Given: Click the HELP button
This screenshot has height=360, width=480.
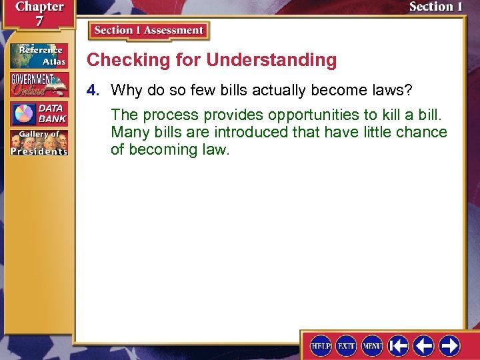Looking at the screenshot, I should click(x=321, y=345).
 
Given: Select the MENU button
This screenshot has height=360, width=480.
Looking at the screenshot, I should click(x=372, y=345).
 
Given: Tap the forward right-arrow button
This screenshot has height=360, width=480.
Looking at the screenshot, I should click(x=449, y=345).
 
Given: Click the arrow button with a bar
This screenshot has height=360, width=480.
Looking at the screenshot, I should click(x=399, y=345).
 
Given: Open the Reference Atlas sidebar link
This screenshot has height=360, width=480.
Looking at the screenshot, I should click(x=39, y=56).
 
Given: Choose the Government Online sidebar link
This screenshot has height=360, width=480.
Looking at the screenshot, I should click(x=39, y=85).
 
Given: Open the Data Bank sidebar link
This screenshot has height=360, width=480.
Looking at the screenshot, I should click(x=39, y=113).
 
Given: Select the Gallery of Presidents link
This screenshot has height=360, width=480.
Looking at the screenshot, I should click(x=39, y=143).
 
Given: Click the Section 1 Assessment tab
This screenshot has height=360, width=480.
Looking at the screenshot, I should click(x=149, y=31).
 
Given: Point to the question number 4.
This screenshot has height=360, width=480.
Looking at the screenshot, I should click(x=97, y=90).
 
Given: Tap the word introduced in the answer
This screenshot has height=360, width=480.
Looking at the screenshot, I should click(x=253, y=132).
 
